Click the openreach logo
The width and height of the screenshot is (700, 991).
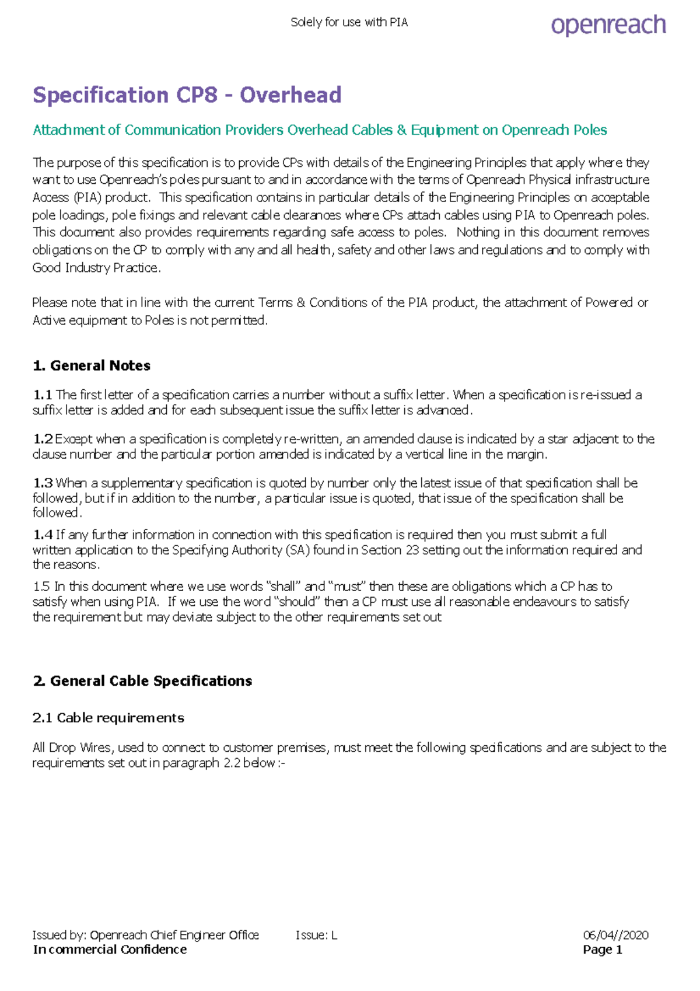608,25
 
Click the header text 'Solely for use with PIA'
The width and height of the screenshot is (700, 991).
349,23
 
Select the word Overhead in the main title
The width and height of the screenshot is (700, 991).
290,95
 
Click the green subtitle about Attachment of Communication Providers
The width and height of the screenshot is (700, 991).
320,130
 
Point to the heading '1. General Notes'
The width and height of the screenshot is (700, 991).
92,366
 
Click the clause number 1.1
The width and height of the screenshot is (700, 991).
43,395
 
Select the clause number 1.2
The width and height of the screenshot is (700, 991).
43,439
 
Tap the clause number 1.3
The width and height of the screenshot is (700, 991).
43,483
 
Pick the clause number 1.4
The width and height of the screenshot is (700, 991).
43,535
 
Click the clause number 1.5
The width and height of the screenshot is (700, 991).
41,587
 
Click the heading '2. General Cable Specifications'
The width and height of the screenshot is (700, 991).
143,681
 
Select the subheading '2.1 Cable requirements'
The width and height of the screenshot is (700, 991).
108,718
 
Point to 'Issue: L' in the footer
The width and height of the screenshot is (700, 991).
316,936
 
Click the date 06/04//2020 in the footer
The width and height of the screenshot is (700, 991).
615,936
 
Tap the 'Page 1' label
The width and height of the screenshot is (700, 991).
602,950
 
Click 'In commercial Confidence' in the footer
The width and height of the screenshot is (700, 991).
110,950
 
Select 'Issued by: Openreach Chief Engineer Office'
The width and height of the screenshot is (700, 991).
146,936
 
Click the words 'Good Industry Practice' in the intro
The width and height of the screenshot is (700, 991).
95,268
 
